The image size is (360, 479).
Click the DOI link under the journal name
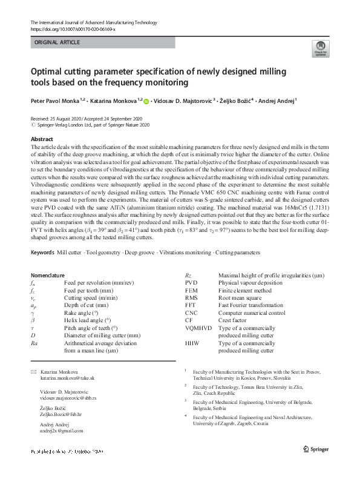pos(72,28)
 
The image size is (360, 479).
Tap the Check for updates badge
pos(319,50)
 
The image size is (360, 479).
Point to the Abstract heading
pos(41,139)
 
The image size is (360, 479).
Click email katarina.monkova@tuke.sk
pos(67,378)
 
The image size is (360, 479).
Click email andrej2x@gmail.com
pos(61,431)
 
